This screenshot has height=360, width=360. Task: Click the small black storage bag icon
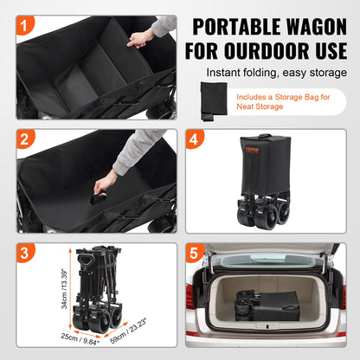[212, 102]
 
